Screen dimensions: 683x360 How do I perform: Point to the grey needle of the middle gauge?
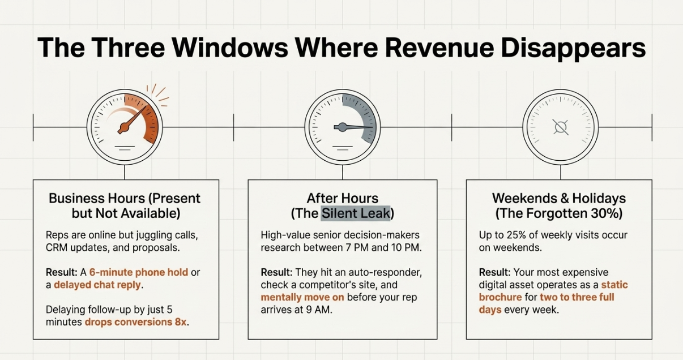(x=353, y=127)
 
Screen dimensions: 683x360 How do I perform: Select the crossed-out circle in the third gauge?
(x=561, y=127)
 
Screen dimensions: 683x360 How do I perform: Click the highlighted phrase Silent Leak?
(x=356, y=213)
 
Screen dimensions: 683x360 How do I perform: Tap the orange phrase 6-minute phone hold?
(x=139, y=272)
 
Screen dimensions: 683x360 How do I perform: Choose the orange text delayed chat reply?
(x=97, y=285)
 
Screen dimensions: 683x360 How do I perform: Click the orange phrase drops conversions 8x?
(x=136, y=322)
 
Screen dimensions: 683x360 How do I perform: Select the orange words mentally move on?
(x=302, y=297)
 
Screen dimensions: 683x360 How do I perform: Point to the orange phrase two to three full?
(x=577, y=297)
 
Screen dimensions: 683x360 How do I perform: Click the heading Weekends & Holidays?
(x=559, y=198)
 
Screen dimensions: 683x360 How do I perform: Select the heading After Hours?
(x=343, y=198)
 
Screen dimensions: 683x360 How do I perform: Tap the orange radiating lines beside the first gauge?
(x=158, y=95)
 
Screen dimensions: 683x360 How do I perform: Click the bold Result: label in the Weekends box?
(x=494, y=272)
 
